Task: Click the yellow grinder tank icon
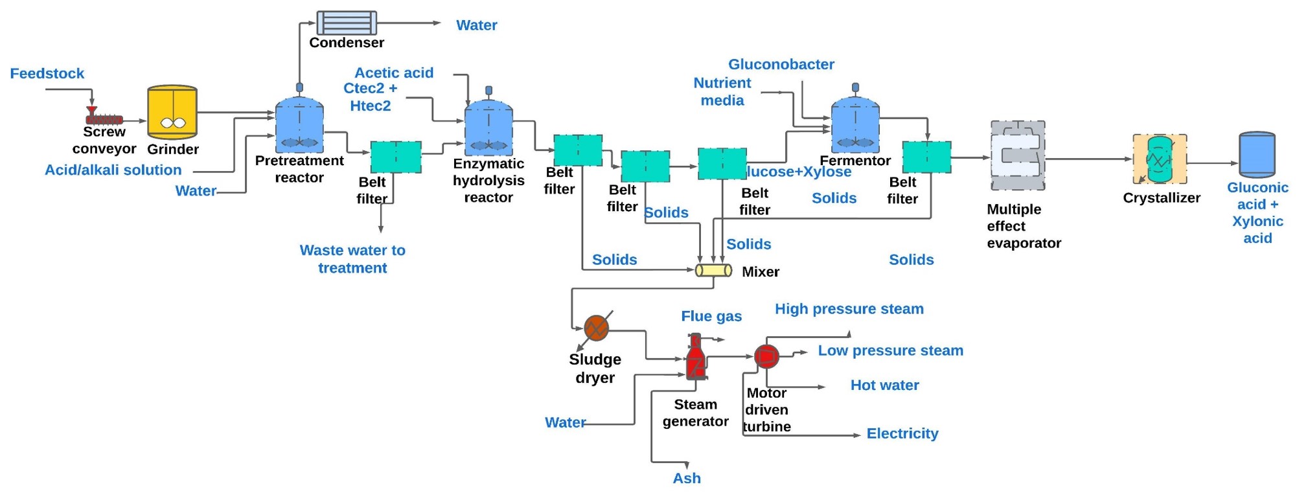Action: tap(172, 112)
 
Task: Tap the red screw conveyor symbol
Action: tap(104, 119)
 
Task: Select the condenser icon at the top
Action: tap(347, 23)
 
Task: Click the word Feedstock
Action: tap(47, 73)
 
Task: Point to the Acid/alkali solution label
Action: tap(113, 170)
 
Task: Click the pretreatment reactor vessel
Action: tap(299, 125)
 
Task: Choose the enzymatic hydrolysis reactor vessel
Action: tap(488, 127)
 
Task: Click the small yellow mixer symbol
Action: tap(713, 270)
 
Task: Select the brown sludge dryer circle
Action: tap(596, 328)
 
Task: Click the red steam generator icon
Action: tap(696, 358)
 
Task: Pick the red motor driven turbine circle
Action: tap(766, 356)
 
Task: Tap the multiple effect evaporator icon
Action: tap(1017, 155)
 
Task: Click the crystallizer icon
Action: tap(1160, 159)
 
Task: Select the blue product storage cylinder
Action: tap(1257, 155)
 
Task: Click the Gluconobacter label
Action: tap(781, 64)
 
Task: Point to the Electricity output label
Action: tap(902, 433)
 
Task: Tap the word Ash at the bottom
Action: tap(687, 478)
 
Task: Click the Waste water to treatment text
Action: tap(352, 258)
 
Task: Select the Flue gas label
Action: tap(711, 316)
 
